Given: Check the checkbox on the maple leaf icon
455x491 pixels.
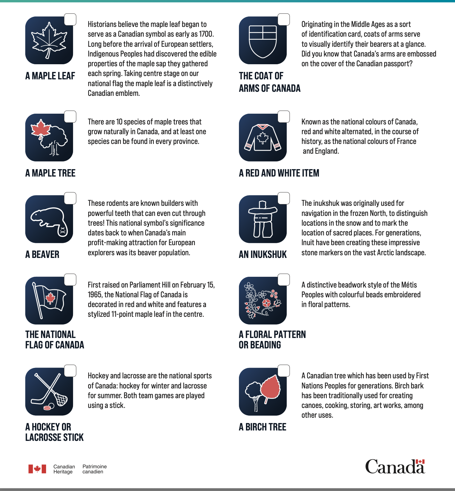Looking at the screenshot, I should click(x=70, y=20).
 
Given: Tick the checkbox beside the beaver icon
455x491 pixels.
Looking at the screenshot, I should click(x=70, y=198).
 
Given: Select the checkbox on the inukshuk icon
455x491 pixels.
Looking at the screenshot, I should click(x=284, y=198).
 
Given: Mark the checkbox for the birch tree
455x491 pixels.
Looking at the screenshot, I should click(x=284, y=371).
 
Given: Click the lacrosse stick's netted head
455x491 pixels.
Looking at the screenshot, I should click(x=61, y=399).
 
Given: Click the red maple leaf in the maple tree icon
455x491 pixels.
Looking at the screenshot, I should click(x=40, y=129).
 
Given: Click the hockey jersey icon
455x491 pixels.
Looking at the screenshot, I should click(x=262, y=138).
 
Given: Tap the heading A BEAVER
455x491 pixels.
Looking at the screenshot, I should click(x=42, y=255).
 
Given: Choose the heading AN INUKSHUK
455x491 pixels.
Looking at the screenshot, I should click(x=262, y=255).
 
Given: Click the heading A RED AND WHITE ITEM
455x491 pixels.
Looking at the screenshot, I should click(x=279, y=173).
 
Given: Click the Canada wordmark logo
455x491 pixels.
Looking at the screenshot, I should click(x=395, y=467).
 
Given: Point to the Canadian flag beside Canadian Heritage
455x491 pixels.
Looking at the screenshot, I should click(x=37, y=469).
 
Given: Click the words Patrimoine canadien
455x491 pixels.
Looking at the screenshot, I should click(x=95, y=469).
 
